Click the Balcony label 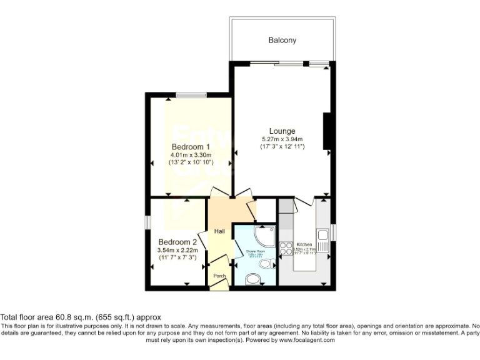pos(282,40)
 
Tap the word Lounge pos(282,131)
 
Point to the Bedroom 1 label pos(191,147)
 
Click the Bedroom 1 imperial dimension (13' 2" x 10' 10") pos(191,162)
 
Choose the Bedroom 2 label pos(177,242)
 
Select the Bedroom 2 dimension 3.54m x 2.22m pos(177,249)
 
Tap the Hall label pos(219,231)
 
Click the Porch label pos(219,276)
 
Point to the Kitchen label pos(304,244)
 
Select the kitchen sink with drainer pos(324,238)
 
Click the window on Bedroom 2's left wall pos(148,223)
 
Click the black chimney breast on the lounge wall pos(326,131)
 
